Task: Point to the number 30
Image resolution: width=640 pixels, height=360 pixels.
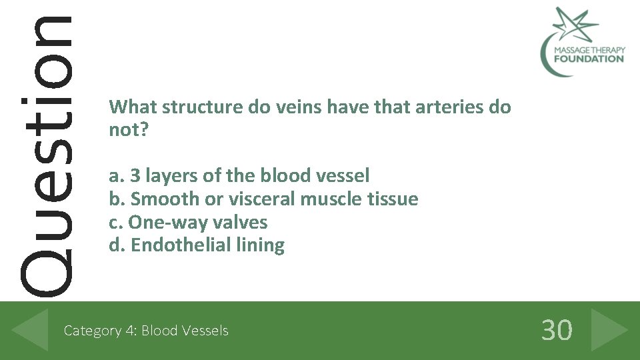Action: click(557, 330)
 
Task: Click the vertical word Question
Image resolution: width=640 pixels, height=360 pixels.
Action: click(45, 153)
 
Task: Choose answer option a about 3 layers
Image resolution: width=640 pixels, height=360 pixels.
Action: click(239, 176)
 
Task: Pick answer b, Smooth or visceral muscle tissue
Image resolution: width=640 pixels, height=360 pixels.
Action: click(263, 199)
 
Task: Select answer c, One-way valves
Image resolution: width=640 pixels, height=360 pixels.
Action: click(188, 222)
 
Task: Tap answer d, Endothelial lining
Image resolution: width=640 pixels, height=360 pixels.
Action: click(197, 245)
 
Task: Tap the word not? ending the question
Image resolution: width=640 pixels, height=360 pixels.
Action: click(128, 129)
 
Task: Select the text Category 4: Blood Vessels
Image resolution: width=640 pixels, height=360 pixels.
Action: click(145, 331)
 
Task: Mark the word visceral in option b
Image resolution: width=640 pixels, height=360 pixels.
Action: click(259, 199)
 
